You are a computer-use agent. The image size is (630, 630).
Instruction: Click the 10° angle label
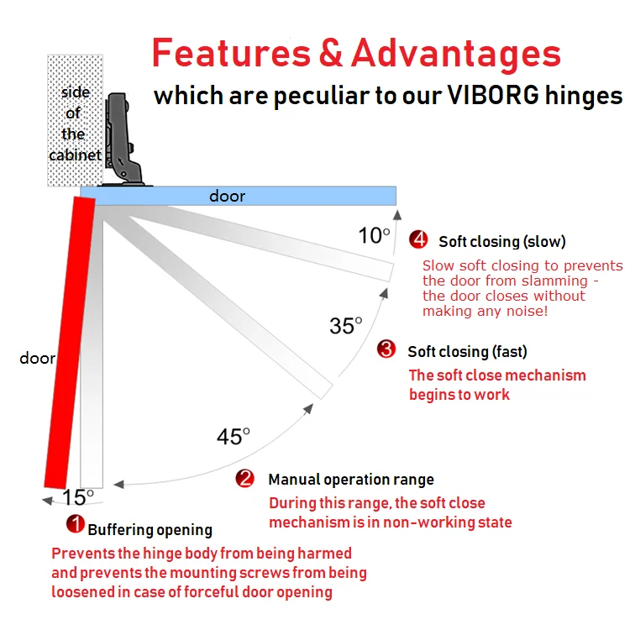coord(374,236)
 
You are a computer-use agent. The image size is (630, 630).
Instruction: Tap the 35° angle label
coord(345,325)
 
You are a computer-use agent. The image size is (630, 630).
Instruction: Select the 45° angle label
coord(234,437)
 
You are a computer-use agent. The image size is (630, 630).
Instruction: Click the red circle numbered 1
coord(76,525)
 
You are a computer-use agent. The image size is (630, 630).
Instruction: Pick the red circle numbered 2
coord(245,479)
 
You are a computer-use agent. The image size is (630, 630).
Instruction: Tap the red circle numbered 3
coord(386,349)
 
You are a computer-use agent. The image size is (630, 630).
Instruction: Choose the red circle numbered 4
coord(418,240)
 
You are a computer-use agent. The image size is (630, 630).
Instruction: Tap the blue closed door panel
coord(244,196)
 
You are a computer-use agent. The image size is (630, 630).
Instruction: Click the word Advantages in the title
coord(456,55)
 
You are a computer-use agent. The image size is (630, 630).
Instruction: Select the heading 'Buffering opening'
coord(150,530)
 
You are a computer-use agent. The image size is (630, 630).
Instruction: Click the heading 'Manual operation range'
coord(351,480)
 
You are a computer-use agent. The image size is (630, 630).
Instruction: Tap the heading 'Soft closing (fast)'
coord(467,351)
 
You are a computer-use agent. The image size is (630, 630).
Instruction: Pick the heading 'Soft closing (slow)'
coord(502,242)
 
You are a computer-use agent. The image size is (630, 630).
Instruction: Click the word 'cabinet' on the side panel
coord(75,155)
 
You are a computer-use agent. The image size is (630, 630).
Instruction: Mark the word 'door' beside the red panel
coord(37,359)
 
